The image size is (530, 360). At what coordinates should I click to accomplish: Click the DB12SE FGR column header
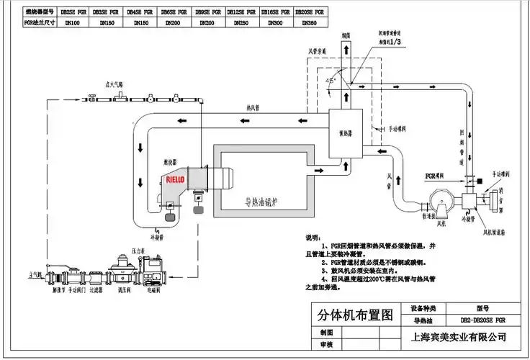(x=241, y=12)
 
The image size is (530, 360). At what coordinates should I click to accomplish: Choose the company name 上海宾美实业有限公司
(x=458, y=337)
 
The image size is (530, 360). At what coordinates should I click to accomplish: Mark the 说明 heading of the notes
(x=312, y=238)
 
